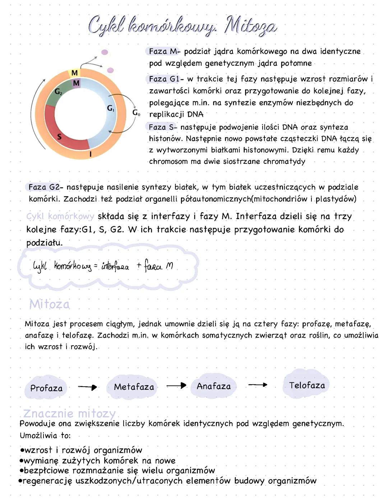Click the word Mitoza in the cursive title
coord(250,26)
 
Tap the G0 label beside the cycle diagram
coord(136,113)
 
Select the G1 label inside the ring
coord(111,108)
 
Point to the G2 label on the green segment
coord(58,92)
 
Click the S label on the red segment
coord(59,137)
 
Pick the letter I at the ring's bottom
coord(90,154)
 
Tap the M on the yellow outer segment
coord(74,73)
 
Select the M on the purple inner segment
coord(76,83)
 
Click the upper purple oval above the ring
coord(105,52)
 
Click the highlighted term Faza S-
coord(162,127)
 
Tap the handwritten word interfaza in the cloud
coord(115,266)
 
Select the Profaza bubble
coord(46,388)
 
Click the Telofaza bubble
coord(307,385)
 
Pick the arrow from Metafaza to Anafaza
coord(176,386)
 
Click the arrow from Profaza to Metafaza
coord(88,387)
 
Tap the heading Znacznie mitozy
coord(69,413)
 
